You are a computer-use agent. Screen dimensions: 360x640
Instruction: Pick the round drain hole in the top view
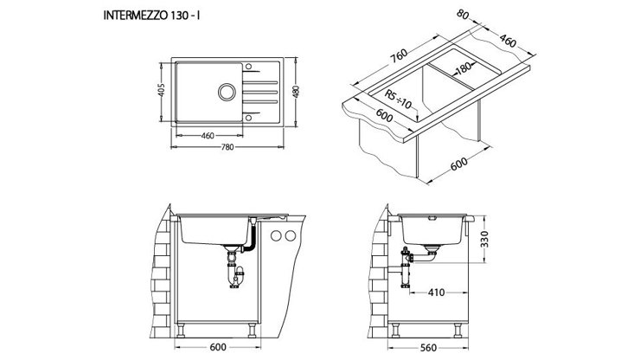[x=228, y=93]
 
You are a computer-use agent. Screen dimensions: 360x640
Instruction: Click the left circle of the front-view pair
[x=277, y=237]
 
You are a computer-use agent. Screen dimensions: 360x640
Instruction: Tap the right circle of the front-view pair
[x=291, y=237]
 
